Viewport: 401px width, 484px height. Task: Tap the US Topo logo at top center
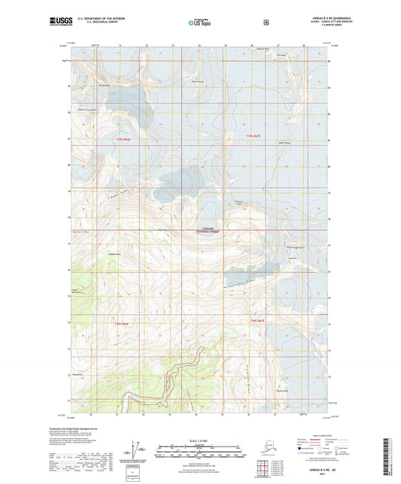pos(199,23)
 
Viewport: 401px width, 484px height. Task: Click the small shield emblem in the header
pos(266,23)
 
